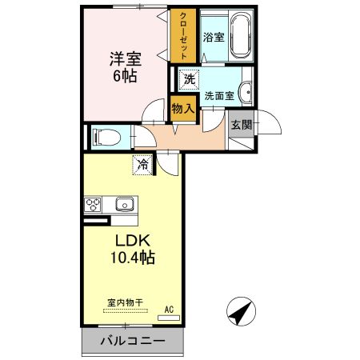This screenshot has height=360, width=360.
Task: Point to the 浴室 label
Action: (213, 37)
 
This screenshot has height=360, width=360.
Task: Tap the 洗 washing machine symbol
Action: (189, 78)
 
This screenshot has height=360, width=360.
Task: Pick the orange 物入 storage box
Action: (182, 107)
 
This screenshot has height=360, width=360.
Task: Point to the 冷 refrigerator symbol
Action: (142, 166)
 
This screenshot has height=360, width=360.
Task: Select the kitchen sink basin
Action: (125, 205)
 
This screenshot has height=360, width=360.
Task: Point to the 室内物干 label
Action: (125, 302)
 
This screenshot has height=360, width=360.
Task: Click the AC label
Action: (169, 309)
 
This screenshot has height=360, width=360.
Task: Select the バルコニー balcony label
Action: (132, 342)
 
